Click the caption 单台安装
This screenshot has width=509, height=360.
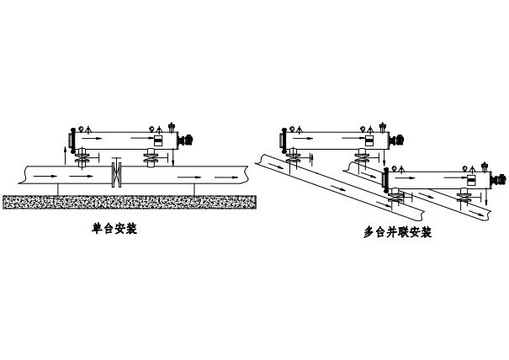(x=114, y=228)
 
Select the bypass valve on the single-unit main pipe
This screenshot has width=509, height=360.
(x=117, y=176)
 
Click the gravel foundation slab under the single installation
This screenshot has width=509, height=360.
(x=130, y=202)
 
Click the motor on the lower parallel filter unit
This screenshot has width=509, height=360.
(x=502, y=178)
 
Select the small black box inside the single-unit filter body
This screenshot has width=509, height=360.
(x=157, y=140)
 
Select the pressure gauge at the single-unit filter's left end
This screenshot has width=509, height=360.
(x=80, y=127)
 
